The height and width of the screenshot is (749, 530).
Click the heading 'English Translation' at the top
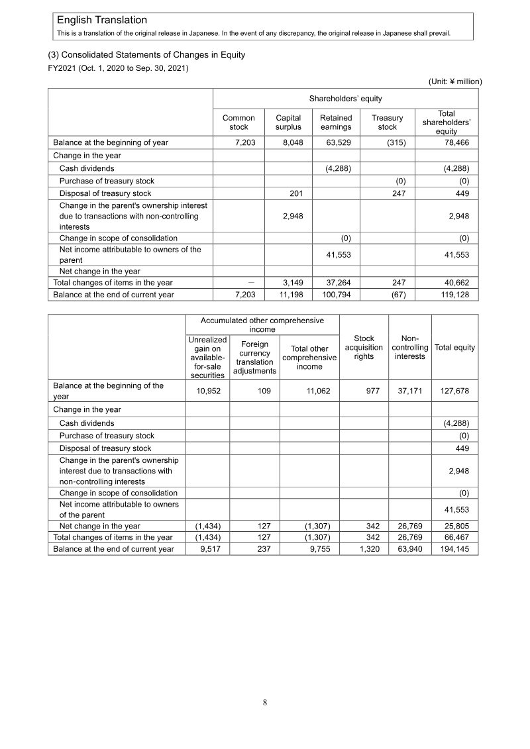click(102, 21)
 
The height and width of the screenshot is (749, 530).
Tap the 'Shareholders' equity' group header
click(345, 99)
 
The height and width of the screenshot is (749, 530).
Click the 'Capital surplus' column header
click(288, 123)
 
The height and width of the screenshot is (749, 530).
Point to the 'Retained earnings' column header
click(336, 123)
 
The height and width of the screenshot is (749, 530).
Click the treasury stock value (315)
click(396, 142)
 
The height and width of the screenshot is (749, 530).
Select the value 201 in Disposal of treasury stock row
click(295, 193)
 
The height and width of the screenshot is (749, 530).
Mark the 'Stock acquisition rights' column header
click(364, 347)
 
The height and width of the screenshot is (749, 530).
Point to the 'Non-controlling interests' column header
click(409, 347)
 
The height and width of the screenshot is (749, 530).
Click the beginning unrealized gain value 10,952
click(213, 391)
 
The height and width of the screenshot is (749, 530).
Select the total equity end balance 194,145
click(454, 549)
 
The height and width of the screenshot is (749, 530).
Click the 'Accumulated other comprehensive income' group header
click(262, 325)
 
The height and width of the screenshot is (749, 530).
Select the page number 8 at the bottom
click(265, 703)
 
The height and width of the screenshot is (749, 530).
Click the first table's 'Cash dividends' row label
click(87, 168)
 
